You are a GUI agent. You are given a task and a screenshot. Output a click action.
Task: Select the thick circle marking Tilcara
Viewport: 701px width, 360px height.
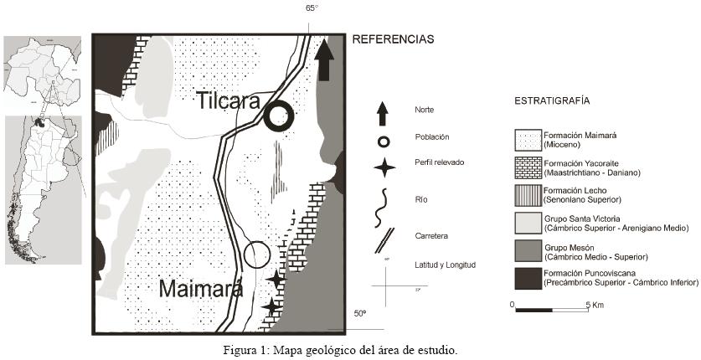coord(279,116)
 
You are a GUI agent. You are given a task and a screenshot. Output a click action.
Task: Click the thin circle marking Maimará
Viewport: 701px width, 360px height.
coord(256,255)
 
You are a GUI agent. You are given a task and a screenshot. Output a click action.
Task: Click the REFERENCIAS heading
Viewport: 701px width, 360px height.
coord(393,39)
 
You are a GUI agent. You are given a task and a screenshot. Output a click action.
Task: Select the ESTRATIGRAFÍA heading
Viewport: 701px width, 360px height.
coord(551,100)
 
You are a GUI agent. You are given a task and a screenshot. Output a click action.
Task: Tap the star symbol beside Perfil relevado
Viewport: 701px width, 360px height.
coord(384,167)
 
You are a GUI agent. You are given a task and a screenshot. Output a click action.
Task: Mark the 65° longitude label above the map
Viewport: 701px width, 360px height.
coord(312,8)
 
